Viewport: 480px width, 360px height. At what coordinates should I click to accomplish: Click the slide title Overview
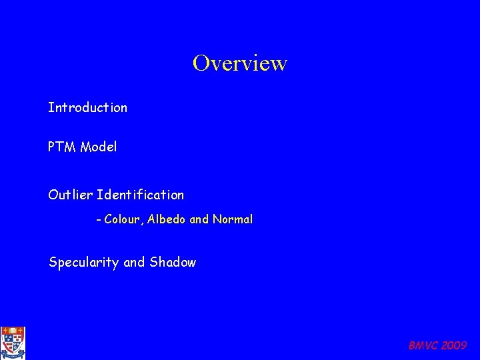pyautogui.click(x=240, y=63)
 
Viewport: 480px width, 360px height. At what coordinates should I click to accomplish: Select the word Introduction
pyautogui.click(x=87, y=107)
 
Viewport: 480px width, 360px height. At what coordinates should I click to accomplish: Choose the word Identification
pyautogui.click(x=141, y=195)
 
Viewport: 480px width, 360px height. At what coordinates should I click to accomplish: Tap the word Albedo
pyautogui.click(x=167, y=219)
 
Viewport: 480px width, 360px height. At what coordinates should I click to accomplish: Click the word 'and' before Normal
pyautogui.click(x=199, y=219)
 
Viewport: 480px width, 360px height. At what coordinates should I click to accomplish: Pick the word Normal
pyautogui.click(x=233, y=219)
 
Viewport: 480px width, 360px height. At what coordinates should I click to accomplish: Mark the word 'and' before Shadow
pyautogui.click(x=134, y=263)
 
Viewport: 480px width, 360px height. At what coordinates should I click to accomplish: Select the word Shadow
pyautogui.click(x=173, y=263)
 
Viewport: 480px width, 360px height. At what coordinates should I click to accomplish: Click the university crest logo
pyautogui.click(x=12, y=342)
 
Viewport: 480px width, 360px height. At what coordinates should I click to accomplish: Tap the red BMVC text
pyautogui.click(x=420, y=345)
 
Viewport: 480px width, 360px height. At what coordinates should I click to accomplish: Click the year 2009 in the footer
pyautogui.click(x=454, y=345)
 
